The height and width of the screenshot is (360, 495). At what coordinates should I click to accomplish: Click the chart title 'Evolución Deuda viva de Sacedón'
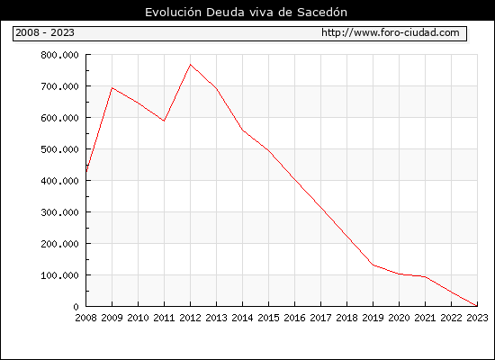(x=246, y=12)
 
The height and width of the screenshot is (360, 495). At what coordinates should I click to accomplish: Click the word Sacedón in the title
(x=322, y=12)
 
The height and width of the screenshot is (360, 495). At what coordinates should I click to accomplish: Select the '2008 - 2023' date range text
(x=45, y=32)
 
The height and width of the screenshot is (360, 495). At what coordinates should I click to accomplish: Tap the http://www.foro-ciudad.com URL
(x=391, y=32)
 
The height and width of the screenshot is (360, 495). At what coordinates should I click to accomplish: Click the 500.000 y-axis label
(x=59, y=149)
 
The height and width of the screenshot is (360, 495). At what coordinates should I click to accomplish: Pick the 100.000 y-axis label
(x=59, y=275)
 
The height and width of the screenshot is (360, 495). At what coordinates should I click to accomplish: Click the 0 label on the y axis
(x=76, y=307)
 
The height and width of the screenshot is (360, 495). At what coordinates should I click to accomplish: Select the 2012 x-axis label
(x=190, y=318)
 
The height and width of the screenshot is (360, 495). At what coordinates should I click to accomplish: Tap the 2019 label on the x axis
(x=373, y=318)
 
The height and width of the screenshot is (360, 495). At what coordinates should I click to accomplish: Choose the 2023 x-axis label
(x=477, y=318)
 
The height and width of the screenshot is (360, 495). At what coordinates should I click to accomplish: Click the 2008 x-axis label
(x=85, y=318)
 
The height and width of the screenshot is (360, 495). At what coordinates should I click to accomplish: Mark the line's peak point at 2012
(x=190, y=65)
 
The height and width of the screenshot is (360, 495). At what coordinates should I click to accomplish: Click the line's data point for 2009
(x=112, y=88)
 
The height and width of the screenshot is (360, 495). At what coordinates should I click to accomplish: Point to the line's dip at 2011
(x=164, y=121)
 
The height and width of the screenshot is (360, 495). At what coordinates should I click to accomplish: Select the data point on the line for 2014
(x=242, y=130)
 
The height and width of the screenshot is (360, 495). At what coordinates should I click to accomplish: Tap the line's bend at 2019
(x=373, y=265)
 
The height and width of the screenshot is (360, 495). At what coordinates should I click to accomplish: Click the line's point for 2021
(x=425, y=276)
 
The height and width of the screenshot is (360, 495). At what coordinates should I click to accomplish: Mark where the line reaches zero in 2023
(x=477, y=306)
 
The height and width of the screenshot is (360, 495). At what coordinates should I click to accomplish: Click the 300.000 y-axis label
(x=59, y=212)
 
